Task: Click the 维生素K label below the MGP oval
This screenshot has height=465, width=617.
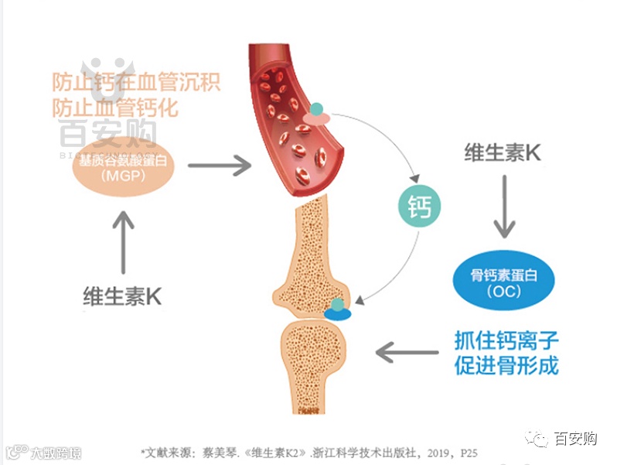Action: click(x=123, y=296)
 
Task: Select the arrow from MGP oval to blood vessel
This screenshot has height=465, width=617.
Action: click(x=220, y=165)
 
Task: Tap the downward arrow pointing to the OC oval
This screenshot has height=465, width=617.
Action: click(x=504, y=207)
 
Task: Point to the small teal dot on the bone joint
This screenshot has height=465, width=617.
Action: click(x=336, y=304)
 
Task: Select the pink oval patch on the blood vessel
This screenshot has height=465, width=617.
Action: click(x=315, y=118)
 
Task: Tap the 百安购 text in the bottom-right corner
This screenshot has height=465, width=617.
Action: click(x=576, y=439)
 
